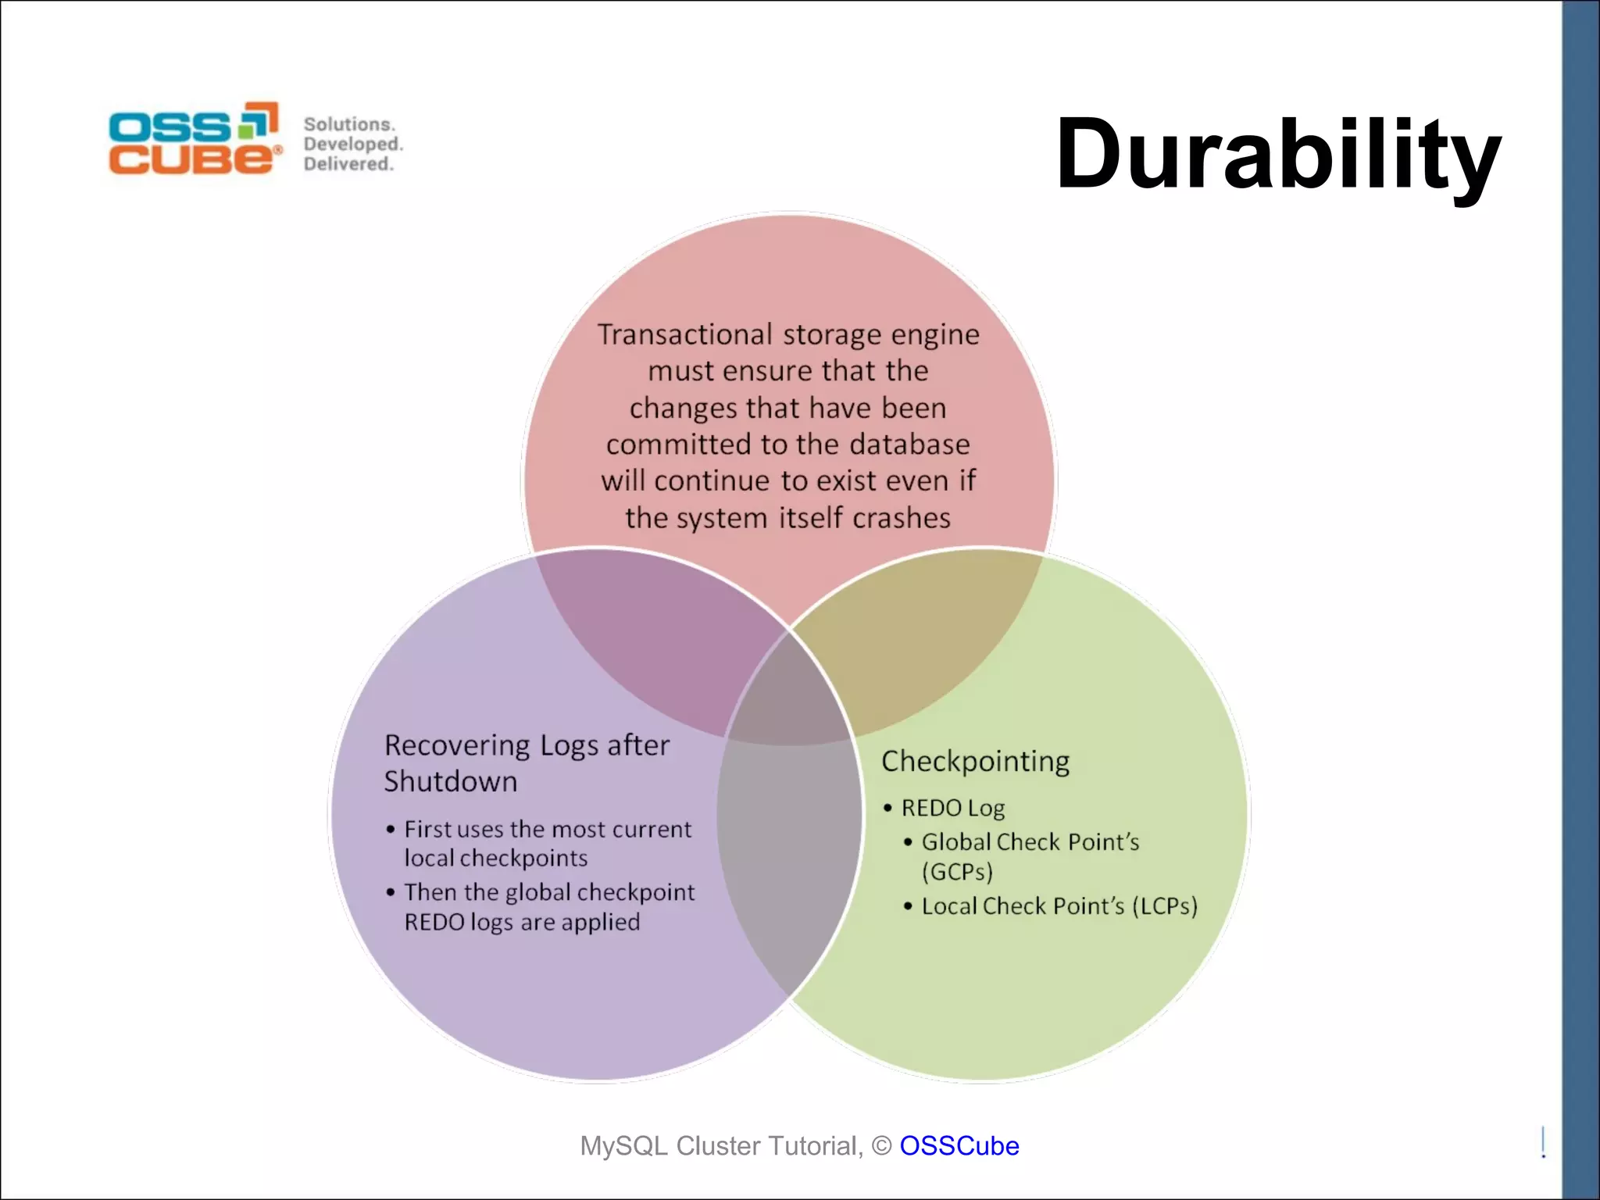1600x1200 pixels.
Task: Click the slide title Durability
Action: coord(1278,155)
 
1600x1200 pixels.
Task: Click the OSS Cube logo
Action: coord(195,138)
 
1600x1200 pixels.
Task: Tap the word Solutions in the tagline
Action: coord(348,124)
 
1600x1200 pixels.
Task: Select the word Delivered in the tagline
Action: coord(348,164)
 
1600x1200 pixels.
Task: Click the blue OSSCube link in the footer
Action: coord(959,1145)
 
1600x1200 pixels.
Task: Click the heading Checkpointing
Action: coord(975,762)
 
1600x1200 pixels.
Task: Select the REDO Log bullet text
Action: coord(953,808)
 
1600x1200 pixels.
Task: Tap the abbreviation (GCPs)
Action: coord(957,872)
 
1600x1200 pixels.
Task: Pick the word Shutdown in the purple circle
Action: coord(450,782)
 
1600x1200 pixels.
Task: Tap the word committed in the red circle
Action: coord(678,445)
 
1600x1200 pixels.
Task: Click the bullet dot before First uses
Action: coord(390,829)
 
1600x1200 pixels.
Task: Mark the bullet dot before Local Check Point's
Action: coord(908,906)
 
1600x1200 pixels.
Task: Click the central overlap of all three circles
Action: coord(789,695)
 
